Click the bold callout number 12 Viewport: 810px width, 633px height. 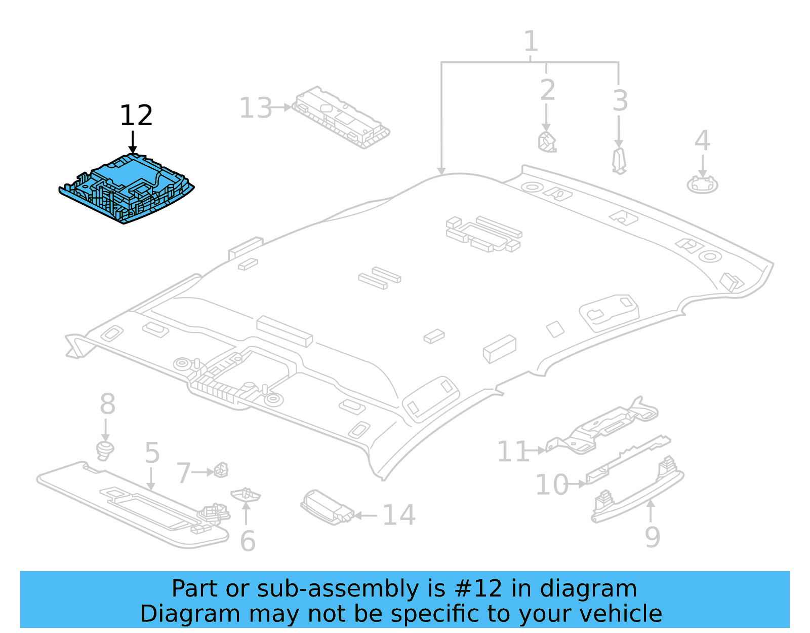[x=136, y=116]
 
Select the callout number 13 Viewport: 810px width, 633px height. [x=255, y=108]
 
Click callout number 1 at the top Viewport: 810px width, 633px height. [x=530, y=41]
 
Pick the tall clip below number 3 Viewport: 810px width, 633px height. [x=619, y=161]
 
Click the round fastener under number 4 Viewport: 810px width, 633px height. [x=702, y=184]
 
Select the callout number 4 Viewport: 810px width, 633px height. [x=702, y=140]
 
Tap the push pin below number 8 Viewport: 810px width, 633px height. [x=105, y=450]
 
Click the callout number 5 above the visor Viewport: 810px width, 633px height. [x=152, y=453]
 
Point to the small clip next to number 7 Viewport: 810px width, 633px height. [x=221, y=470]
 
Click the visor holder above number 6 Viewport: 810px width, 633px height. [x=246, y=495]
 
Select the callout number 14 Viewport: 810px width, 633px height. [x=399, y=515]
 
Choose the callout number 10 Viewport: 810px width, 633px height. [x=551, y=485]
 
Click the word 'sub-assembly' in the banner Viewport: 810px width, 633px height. [x=338, y=589]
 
